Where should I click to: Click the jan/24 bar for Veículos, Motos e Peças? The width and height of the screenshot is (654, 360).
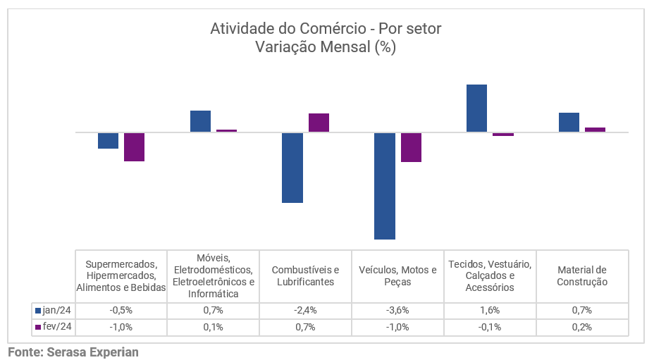[x=385, y=186]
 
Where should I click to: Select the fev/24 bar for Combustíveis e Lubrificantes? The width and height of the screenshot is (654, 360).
[x=319, y=123]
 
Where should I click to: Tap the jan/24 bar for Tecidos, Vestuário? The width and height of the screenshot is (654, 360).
[x=476, y=108]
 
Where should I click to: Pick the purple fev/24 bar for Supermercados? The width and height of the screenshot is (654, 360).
[x=134, y=147]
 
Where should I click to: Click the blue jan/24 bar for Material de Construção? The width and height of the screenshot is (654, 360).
[x=569, y=122]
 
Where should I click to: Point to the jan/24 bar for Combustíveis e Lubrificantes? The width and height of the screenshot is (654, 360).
[x=292, y=168]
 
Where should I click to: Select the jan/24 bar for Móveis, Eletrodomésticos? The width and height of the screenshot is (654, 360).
[x=200, y=121]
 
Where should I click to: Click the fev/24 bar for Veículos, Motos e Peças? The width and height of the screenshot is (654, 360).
[x=411, y=147]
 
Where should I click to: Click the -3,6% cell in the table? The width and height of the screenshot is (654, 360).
[x=397, y=310]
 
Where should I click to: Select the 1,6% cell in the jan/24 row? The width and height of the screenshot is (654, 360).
[x=490, y=310]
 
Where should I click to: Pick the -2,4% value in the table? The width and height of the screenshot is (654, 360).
[x=305, y=310]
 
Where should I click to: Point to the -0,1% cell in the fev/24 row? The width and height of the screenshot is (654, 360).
[x=490, y=327]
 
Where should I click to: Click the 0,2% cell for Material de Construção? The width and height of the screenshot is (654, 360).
[x=582, y=327]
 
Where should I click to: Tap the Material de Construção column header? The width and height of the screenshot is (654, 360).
[x=582, y=275]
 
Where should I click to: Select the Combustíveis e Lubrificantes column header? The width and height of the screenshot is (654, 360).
[x=305, y=275]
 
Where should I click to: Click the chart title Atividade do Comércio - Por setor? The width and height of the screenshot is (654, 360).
[x=326, y=29]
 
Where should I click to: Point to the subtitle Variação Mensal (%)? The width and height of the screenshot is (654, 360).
[x=326, y=47]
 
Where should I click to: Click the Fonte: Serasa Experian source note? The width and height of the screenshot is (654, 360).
[x=73, y=352]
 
